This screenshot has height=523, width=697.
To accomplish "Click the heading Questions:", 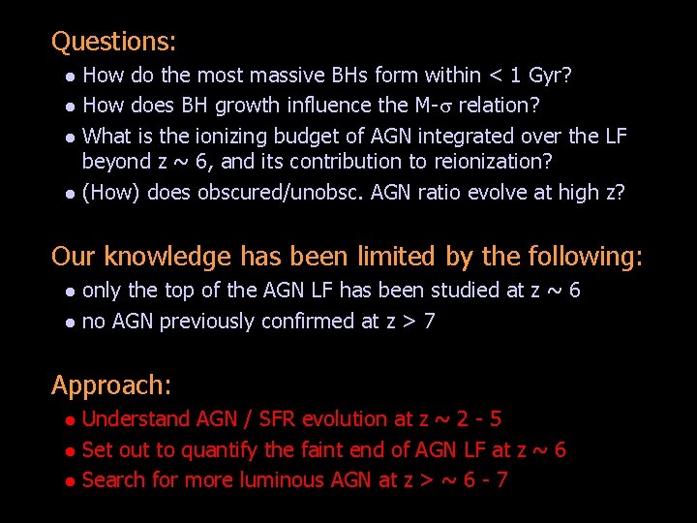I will [113, 42].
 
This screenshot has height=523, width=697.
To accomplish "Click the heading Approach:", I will [111, 385].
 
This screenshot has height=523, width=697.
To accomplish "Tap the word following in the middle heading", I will [585, 257].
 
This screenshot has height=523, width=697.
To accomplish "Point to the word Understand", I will [136, 419].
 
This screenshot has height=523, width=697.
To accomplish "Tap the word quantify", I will [219, 449].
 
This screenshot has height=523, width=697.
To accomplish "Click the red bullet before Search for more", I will [69, 481].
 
